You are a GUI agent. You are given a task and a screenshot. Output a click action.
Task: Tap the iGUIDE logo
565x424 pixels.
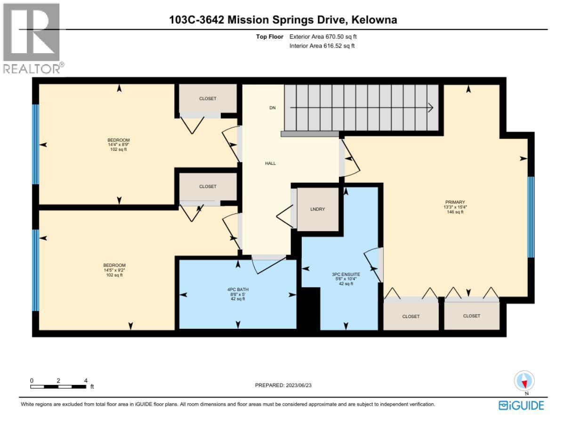pos(521,405)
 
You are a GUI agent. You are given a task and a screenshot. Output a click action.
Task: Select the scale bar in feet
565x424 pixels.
pos(58,386)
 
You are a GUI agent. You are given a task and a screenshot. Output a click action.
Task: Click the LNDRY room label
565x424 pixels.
pos(318,209)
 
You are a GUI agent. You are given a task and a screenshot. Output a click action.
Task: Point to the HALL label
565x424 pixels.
pos(270,163)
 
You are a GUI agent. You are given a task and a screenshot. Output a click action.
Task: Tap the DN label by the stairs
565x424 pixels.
pos(272,108)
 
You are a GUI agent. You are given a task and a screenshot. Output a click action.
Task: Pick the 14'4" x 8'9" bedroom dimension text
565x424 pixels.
pos(118,145)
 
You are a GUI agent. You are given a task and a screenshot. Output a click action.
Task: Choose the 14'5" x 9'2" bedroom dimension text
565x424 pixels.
pos(115,270)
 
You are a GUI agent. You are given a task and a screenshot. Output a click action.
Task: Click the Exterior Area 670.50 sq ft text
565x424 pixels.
pos(326,36)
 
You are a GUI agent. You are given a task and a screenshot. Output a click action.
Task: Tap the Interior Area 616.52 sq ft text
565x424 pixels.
pos(322,46)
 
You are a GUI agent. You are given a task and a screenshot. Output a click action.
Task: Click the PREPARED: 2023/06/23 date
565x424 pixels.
pos(283,385)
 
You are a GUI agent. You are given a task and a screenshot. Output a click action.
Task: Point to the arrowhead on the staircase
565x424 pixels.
pos(430,108)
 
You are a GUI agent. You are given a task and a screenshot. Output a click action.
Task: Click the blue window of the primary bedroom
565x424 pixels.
pos(531,217)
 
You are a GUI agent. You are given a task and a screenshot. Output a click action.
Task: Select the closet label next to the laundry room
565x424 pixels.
pos(208,187)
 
